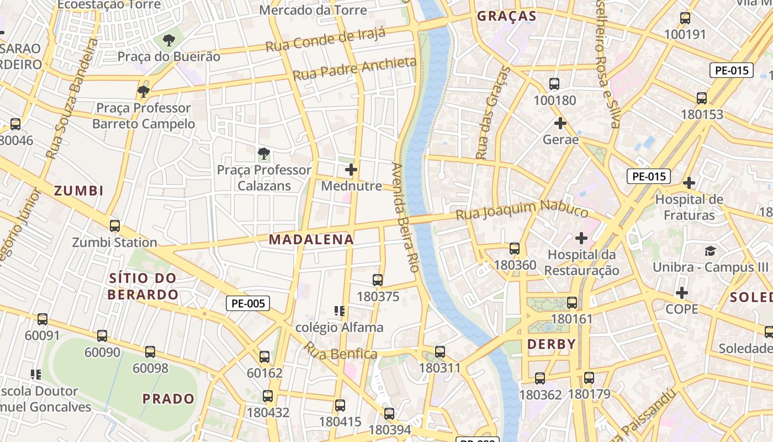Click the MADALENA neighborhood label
pyautogui.click(x=311, y=239)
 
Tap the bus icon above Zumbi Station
pyautogui.click(x=115, y=226)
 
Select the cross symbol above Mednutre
pyautogui.click(x=351, y=170)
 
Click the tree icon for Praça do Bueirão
pyautogui.click(x=169, y=40)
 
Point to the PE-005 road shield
pyautogui.click(x=248, y=303)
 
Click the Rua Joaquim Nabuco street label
pyautogui.click(x=522, y=211)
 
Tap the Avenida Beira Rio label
pyautogui.click(x=405, y=217)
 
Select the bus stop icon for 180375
pyautogui.click(x=378, y=280)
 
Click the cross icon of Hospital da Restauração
pyautogui.click(x=581, y=238)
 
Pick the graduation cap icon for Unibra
pyautogui.click(x=710, y=251)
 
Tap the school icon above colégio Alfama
pyautogui.click(x=340, y=311)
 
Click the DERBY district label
pyautogui.click(x=552, y=344)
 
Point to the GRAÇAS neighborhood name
pyautogui.click(x=506, y=16)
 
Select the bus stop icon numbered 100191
pyautogui.click(x=685, y=18)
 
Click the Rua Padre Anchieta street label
pyautogui.click(x=354, y=69)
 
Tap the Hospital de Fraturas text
pyautogui.click(x=689, y=207)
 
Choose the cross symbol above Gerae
pyautogui.click(x=560, y=123)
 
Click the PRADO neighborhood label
pyautogui.click(x=168, y=398)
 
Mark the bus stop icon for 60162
pyautogui.click(x=264, y=357)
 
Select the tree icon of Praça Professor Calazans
pyautogui.click(x=264, y=154)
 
